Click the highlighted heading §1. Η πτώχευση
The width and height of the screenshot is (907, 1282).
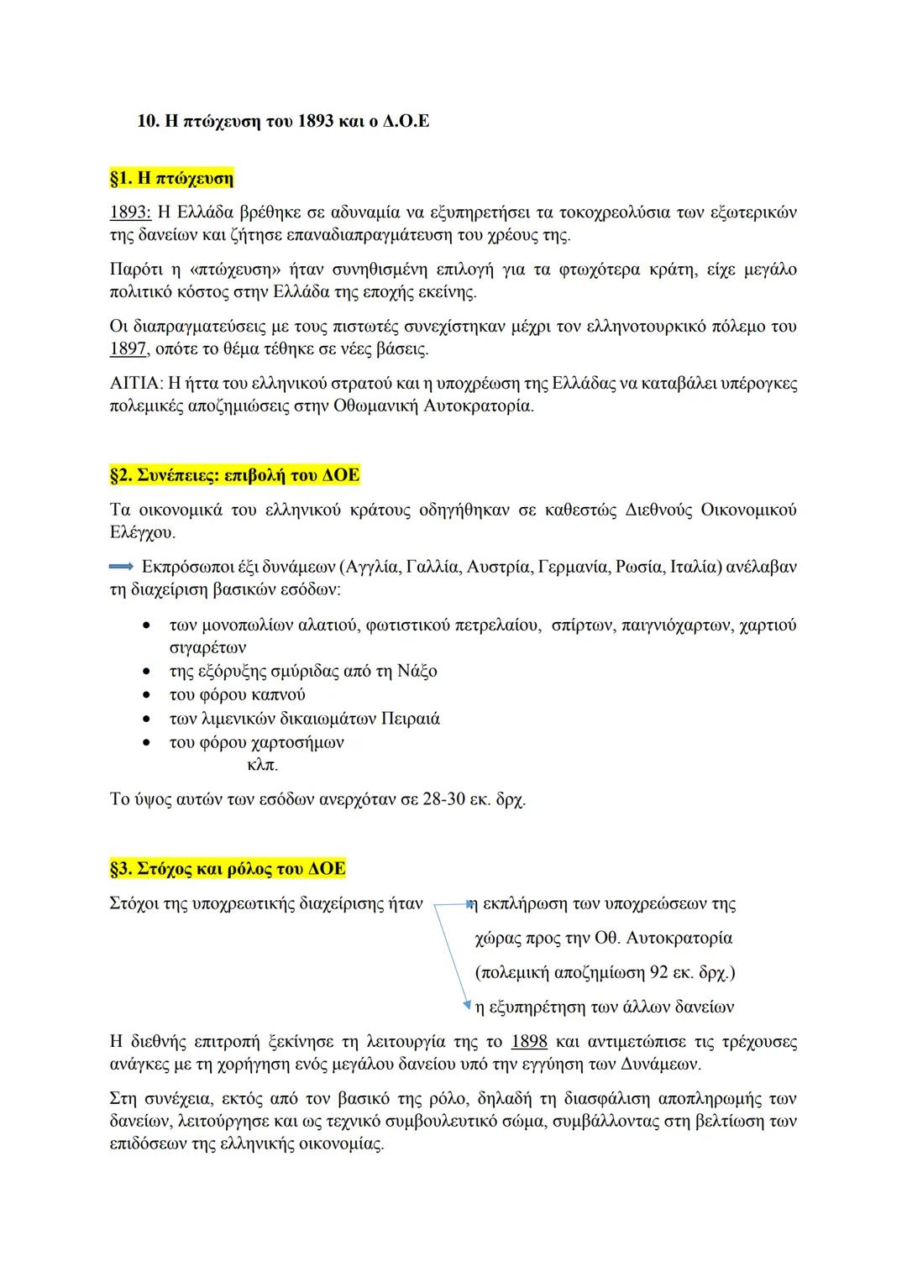pos(171,178)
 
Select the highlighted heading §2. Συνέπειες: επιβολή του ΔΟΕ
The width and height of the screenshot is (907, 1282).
pos(234,475)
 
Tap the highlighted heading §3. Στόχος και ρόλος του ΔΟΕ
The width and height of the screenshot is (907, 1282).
pos(227,868)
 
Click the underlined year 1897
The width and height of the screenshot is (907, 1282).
pos(128,348)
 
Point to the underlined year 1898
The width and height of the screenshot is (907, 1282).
pos(529,1042)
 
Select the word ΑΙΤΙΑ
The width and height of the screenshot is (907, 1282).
pos(135,384)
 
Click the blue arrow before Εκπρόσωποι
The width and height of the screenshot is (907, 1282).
pos(123,567)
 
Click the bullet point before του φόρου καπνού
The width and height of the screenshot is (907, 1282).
pos(148,695)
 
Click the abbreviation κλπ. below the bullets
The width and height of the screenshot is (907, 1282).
pos(263,765)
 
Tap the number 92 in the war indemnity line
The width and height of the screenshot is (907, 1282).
pos(659,972)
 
